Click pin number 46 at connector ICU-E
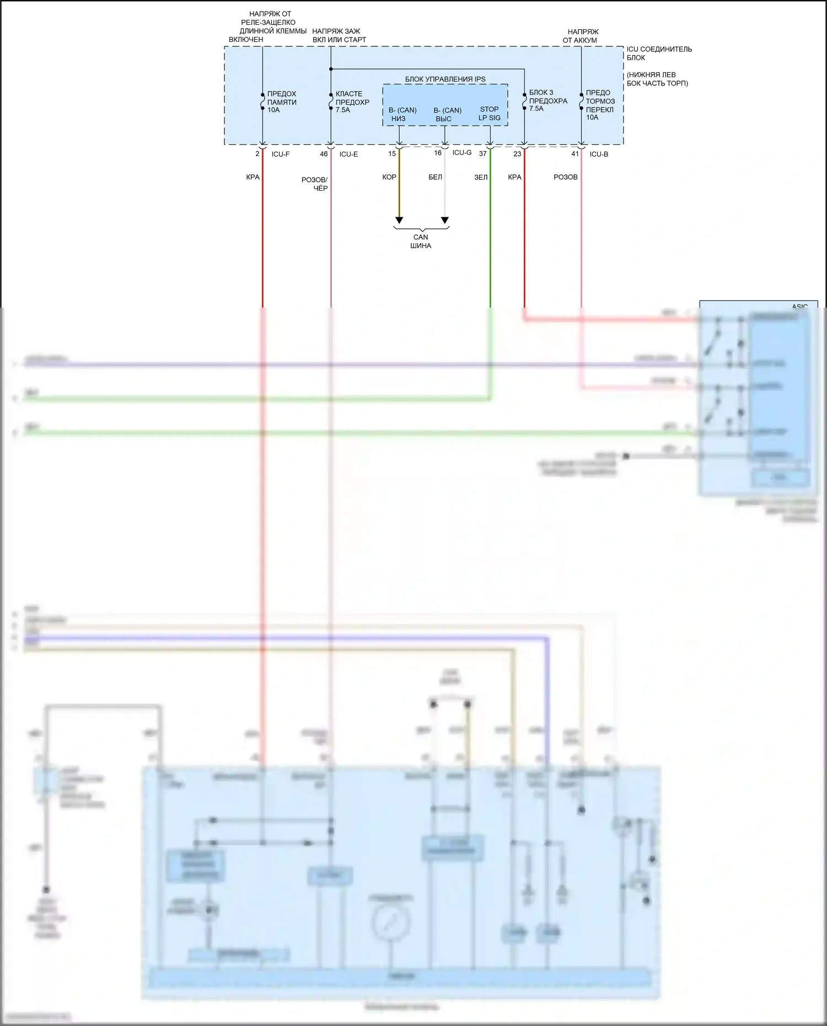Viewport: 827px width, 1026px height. pyautogui.click(x=324, y=154)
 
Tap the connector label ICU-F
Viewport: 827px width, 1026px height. pyautogui.click(x=280, y=154)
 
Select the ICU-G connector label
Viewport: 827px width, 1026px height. pyautogui.click(x=462, y=153)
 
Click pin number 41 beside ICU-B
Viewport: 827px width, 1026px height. pyautogui.click(x=575, y=154)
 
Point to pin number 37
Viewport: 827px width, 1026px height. pyautogui.click(x=483, y=154)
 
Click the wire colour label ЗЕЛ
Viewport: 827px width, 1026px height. pyautogui.click(x=481, y=178)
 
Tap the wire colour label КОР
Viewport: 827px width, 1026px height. pyautogui.click(x=389, y=178)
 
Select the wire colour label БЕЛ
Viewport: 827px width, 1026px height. pyautogui.click(x=435, y=178)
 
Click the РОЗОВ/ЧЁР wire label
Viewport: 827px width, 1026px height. pyautogui.click(x=315, y=184)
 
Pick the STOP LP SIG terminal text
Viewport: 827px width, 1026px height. pyautogui.click(x=490, y=114)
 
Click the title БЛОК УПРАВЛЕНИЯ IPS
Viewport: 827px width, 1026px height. pyautogui.click(x=445, y=79)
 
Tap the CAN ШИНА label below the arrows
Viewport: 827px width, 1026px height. pyautogui.click(x=421, y=241)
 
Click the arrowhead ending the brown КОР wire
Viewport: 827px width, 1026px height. pyautogui.click(x=399, y=221)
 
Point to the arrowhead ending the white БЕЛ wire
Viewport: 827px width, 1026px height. pyautogui.click(x=445, y=221)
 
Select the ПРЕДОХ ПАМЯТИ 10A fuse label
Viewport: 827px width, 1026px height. pyautogui.click(x=282, y=102)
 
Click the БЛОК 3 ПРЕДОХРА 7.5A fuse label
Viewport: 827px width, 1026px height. pyautogui.click(x=548, y=100)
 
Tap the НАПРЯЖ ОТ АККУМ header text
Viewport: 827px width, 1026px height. pyautogui.click(x=581, y=36)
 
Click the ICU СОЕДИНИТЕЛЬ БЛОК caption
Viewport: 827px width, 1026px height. pyautogui.click(x=659, y=53)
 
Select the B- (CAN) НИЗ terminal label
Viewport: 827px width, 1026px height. pyautogui.click(x=402, y=115)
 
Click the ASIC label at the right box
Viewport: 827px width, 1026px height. pyautogui.click(x=799, y=307)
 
